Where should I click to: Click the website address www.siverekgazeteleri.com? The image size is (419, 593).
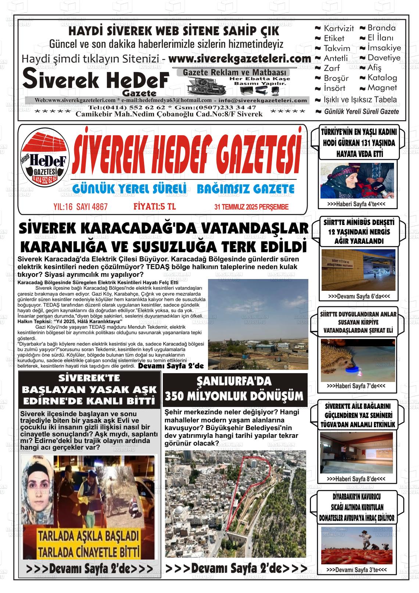240,59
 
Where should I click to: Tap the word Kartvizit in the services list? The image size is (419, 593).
339,28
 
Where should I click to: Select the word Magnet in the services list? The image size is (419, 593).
382,88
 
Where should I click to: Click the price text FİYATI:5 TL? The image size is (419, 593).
154,207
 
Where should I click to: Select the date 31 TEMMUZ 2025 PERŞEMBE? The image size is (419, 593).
251,207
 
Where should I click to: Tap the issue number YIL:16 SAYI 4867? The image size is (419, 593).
80,207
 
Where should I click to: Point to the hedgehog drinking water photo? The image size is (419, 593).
357,360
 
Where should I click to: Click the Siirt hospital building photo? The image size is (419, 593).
358,270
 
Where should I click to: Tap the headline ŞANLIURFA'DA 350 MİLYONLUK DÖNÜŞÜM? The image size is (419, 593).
234,389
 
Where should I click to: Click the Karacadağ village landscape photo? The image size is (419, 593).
258,324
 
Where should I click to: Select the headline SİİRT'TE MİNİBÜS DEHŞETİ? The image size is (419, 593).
357,232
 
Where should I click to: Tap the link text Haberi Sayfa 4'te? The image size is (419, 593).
356,204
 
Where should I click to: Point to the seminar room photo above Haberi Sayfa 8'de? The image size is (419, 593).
356,452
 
